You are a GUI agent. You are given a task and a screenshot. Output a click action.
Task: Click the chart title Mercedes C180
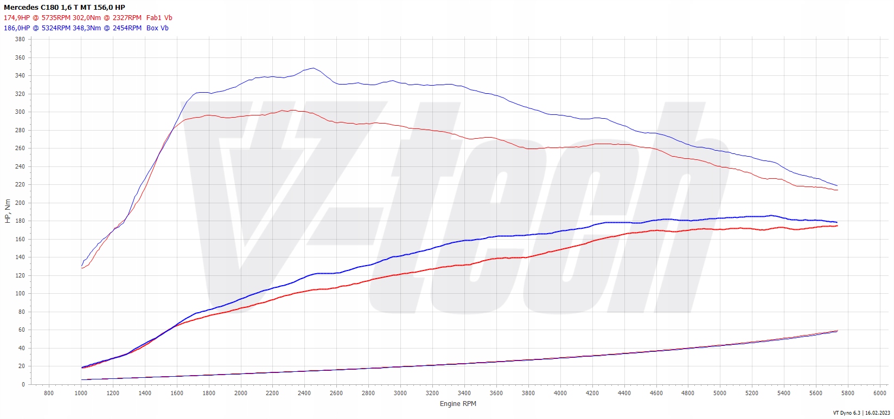pyautogui.click(x=64, y=8)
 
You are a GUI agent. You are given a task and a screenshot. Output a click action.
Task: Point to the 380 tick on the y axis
pyautogui.click(x=20, y=40)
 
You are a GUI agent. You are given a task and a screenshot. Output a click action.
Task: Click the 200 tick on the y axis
pyautogui.click(x=20, y=203)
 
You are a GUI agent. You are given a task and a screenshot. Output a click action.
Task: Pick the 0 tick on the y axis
pyautogui.click(x=23, y=384)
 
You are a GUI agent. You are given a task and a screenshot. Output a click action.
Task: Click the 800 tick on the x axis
pyautogui.click(x=49, y=393)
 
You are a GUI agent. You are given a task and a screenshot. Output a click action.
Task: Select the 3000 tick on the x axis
pyautogui.click(x=400, y=393)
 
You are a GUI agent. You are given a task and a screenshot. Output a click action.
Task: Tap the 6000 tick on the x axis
pyautogui.click(x=880, y=393)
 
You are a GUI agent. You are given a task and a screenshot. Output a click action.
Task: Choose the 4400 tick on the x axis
pyautogui.click(x=624, y=393)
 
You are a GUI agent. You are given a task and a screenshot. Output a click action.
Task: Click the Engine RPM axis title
pyautogui.click(x=458, y=403)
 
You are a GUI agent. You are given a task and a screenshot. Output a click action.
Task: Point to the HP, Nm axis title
pyautogui.click(x=8, y=211)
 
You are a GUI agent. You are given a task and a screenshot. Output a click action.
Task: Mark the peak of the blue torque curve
pyautogui.click(x=313, y=68)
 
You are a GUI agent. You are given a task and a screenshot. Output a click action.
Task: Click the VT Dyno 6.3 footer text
pyautogui.click(x=861, y=413)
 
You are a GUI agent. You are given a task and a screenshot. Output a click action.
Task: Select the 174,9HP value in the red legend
pyautogui.click(x=17, y=18)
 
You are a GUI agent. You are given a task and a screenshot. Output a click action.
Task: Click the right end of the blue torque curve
pyautogui.click(x=837, y=186)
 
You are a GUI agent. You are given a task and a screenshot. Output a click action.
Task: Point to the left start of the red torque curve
pyautogui.click(x=81, y=268)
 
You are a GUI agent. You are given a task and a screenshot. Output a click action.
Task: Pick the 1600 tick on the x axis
pyautogui.click(x=177, y=393)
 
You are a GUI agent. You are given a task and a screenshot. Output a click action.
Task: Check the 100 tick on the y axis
pyautogui.click(x=20, y=294)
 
